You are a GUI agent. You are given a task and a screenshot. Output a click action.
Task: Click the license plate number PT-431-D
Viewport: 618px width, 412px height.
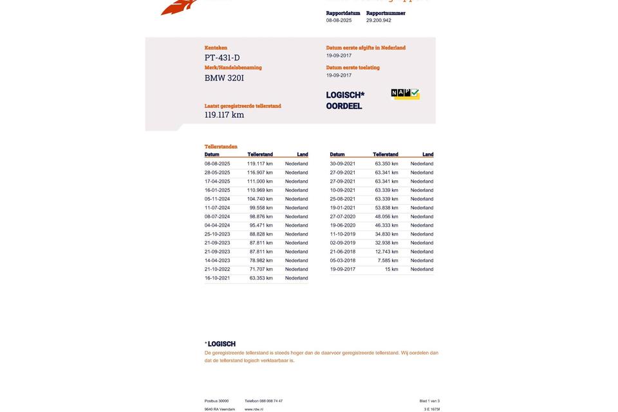[222, 58]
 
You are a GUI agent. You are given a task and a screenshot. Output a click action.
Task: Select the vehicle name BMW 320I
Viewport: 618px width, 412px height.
[224, 78]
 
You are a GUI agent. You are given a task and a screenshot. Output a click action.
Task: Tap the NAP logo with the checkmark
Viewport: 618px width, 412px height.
[405, 94]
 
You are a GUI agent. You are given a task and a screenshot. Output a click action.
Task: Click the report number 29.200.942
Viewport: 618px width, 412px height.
[379, 21]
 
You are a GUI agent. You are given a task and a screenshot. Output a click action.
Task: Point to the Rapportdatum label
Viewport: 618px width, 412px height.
[343, 13]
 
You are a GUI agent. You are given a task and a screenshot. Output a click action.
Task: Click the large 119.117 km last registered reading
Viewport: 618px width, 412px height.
[224, 115]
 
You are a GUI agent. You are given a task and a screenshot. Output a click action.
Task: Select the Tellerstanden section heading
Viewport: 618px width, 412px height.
[221, 147]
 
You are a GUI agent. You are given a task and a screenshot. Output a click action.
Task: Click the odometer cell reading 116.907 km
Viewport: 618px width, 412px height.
[260, 173]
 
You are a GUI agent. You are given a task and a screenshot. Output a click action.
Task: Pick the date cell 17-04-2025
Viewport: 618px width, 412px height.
[217, 182]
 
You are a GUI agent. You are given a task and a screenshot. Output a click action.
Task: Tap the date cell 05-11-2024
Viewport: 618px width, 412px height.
[217, 199]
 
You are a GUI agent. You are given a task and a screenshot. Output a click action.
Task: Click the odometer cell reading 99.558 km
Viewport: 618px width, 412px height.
[261, 208]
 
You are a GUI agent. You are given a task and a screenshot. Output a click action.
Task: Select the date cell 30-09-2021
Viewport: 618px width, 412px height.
[342, 164]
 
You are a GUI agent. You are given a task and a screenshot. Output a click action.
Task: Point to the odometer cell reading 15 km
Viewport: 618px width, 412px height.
[391, 269]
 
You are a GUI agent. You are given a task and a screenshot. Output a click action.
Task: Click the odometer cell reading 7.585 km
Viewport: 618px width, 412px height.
[388, 261]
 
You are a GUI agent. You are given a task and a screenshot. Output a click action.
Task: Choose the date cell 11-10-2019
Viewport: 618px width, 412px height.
[342, 234]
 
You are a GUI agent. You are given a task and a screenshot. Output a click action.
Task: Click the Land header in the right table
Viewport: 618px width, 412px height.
[427, 154]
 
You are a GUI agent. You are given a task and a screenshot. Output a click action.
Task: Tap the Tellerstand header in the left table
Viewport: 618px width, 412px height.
[260, 154]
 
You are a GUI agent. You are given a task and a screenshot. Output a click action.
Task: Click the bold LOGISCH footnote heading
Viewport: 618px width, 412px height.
[221, 344]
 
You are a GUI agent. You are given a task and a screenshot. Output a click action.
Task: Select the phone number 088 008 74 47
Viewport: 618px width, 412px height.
[270, 401]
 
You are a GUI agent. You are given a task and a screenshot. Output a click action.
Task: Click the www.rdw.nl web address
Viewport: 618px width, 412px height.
[254, 409]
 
